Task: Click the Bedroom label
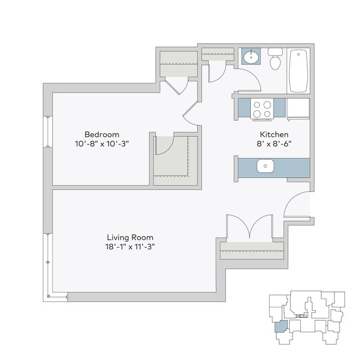coord(102,135)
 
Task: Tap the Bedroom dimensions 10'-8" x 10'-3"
coord(102,143)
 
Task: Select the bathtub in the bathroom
coord(299,70)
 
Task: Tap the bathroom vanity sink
coord(253,56)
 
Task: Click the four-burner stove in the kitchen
coord(261,109)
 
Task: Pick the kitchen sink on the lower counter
coord(265,166)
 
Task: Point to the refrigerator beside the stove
coord(299,109)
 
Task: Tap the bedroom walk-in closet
coord(175,160)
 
